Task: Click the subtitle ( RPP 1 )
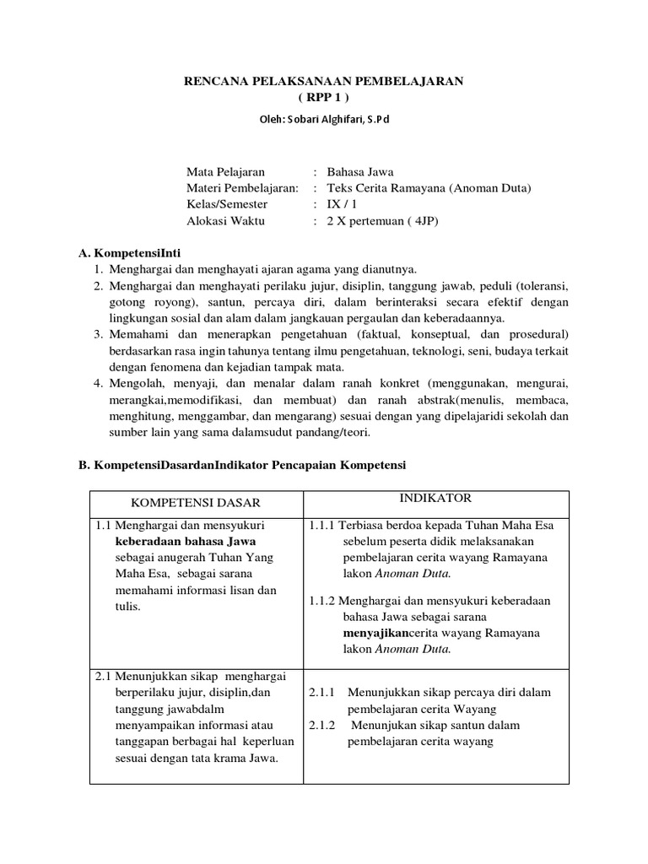324,97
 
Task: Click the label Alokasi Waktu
225,220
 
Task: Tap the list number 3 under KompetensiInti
98,335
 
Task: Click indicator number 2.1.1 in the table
322,692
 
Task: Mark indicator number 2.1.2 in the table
322,726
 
